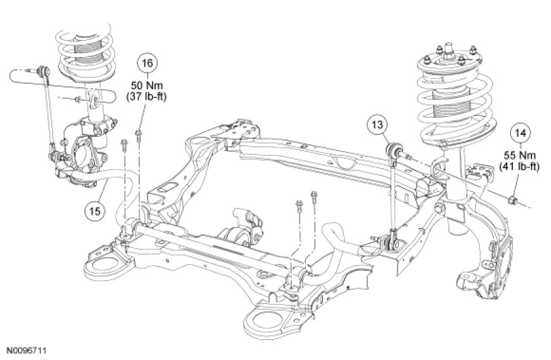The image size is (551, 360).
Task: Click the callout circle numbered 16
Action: (x=147, y=63)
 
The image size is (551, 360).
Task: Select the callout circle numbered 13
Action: (x=377, y=125)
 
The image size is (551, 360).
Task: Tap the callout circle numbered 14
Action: (x=521, y=133)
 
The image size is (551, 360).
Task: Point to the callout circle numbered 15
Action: (x=95, y=211)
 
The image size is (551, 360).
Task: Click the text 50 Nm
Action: (x=147, y=86)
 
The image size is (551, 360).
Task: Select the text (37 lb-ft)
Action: (x=146, y=96)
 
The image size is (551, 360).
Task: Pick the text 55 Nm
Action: (x=520, y=155)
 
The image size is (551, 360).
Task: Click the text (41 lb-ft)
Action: (x=519, y=166)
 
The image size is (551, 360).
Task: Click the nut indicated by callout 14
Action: (x=513, y=201)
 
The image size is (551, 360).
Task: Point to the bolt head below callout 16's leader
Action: (x=138, y=132)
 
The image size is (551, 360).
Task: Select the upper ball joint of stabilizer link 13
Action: (x=392, y=150)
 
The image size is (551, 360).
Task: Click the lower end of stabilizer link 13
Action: (x=391, y=242)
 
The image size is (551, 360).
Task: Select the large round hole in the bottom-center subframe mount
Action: (x=263, y=320)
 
